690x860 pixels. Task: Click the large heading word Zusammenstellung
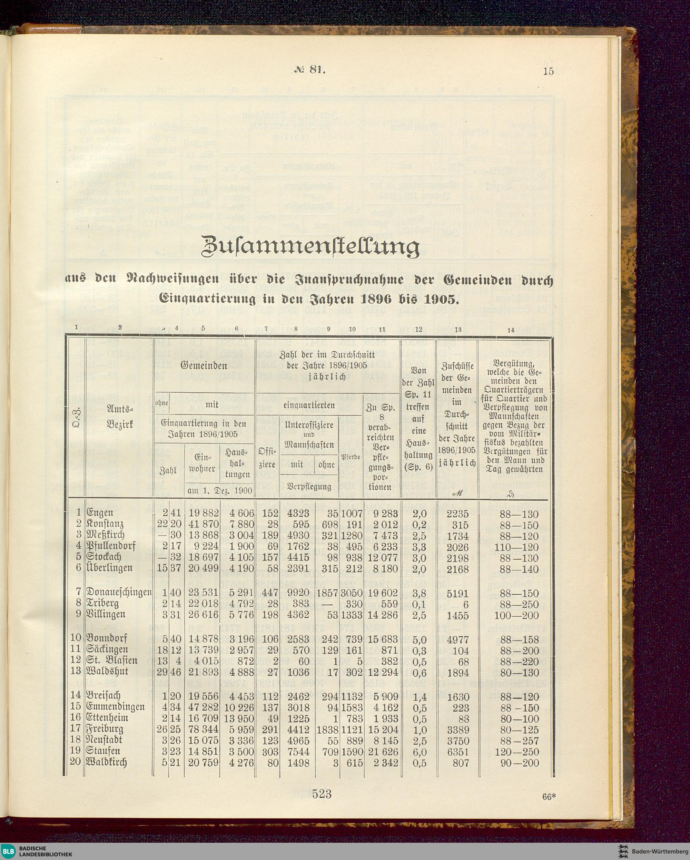311,247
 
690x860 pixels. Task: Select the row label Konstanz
105,524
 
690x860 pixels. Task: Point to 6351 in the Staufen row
457,752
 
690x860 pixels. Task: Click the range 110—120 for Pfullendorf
516,547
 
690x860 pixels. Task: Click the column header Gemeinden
204,365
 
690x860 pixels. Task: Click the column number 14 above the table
511,330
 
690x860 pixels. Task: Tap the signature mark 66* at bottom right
549,797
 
